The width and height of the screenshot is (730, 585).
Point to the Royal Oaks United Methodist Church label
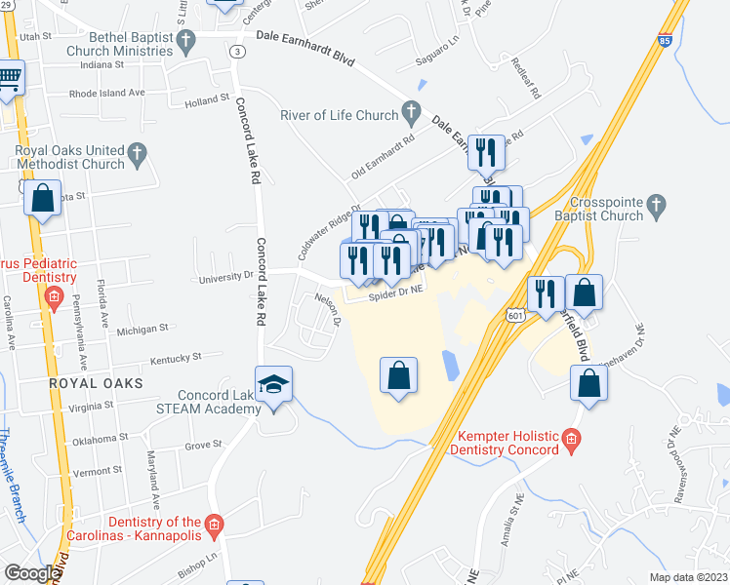[x=69, y=158]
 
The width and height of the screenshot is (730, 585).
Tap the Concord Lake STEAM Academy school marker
[x=274, y=382]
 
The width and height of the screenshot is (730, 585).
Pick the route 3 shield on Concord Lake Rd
[x=236, y=51]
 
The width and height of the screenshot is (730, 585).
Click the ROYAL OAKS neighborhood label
[x=96, y=384]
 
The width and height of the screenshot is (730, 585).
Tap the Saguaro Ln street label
[x=439, y=42]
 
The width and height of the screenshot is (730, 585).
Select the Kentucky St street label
[x=177, y=358]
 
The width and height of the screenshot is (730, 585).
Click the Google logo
[x=31, y=573]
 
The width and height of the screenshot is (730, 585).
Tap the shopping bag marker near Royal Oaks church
[x=44, y=200]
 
